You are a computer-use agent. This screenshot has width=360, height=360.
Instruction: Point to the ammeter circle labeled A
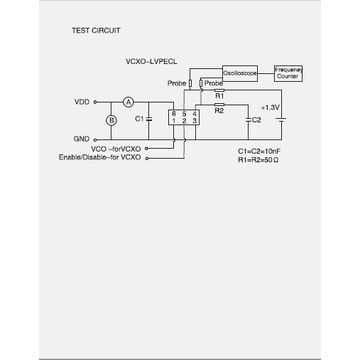click(x=128, y=102)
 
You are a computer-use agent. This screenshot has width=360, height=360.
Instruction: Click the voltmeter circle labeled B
click(x=112, y=120)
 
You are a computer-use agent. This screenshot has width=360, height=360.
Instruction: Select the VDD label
click(x=81, y=102)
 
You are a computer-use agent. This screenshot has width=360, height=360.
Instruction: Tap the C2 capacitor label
click(x=257, y=119)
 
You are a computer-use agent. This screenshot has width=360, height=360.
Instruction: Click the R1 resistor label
click(x=219, y=94)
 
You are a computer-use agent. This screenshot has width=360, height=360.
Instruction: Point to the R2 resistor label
click(x=219, y=110)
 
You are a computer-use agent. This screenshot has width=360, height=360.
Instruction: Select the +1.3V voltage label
click(x=270, y=105)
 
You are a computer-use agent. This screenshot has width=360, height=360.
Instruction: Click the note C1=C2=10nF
click(x=261, y=148)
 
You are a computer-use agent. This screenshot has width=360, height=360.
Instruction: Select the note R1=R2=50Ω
click(x=261, y=157)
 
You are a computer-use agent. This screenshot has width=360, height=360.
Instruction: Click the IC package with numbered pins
click(x=185, y=119)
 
